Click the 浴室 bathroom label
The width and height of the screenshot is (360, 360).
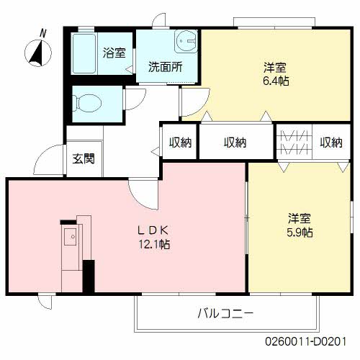(114, 53)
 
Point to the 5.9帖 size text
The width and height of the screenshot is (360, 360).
(300, 232)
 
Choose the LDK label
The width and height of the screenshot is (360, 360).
(153, 230)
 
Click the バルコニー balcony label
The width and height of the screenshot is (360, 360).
(226, 313)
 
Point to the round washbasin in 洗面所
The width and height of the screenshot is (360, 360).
(186, 40)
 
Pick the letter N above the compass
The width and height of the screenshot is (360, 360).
(44, 33)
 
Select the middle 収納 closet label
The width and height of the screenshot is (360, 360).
(235, 143)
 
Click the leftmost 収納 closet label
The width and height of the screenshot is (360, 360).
(180, 143)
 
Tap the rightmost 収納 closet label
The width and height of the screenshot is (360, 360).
(331, 143)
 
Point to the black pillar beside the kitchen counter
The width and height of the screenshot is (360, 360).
(89, 276)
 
